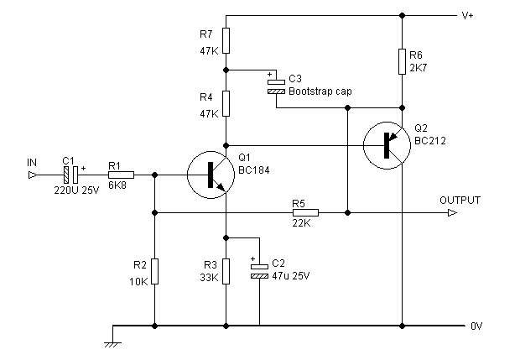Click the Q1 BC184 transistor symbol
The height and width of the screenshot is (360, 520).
(x=209, y=175)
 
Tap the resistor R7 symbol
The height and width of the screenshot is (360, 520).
(x=226, y=39)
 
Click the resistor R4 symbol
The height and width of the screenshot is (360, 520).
(x=226, y=105)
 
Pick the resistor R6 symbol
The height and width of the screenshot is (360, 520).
(x=403, y=60)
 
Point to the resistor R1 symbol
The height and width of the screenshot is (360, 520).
(x=121, y=175)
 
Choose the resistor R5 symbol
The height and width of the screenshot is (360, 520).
(x=305, y=212)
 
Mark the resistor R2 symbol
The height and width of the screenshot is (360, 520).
(x=155, y=271)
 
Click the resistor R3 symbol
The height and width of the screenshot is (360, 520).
(x=226, y=271)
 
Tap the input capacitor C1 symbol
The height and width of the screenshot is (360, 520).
(x=70, y=175)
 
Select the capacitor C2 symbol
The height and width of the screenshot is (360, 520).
(x=259, y=269)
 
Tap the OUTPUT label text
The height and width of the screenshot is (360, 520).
(x=460, y=201)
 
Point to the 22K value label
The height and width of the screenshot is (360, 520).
(x=300, y=224)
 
